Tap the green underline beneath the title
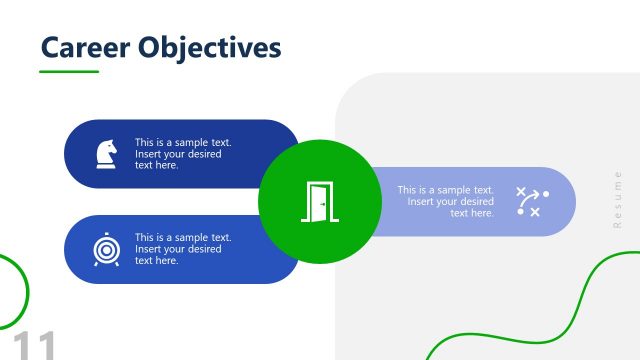point(69,72)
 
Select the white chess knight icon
point(104,153)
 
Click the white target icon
point(104,249)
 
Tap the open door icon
point(320,202)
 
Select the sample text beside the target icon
point(183,249)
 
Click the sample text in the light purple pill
point(445,201)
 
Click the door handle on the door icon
point(323,204)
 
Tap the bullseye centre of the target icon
point(104,247)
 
